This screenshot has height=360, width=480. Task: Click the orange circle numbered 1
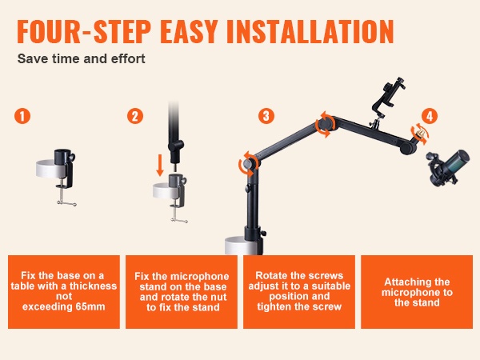(x=22, y=116)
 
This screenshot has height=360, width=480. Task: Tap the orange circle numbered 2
(x=135, y=116)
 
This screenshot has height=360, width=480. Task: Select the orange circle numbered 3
(x=266, y=116)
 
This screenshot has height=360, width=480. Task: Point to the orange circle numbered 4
(x=430, y=116)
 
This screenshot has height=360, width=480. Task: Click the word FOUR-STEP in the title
(x=83, y=31)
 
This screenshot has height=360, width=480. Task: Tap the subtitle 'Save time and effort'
(x=81, y=58)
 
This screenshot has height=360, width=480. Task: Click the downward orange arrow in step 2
(x=159, y=166)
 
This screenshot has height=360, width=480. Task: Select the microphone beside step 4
(x=447, y=167)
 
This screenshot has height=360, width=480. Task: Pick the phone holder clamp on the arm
(x=387, y=97)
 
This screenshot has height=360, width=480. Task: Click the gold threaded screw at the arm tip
(x=421, y=134)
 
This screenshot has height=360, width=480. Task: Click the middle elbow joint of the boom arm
(x=325, y=123)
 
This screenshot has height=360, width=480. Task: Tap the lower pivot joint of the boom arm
(x=250, y=163)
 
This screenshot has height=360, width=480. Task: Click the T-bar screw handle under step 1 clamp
(x=66, y=203)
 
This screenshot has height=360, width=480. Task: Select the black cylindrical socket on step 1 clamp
(x=62, y=158)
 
